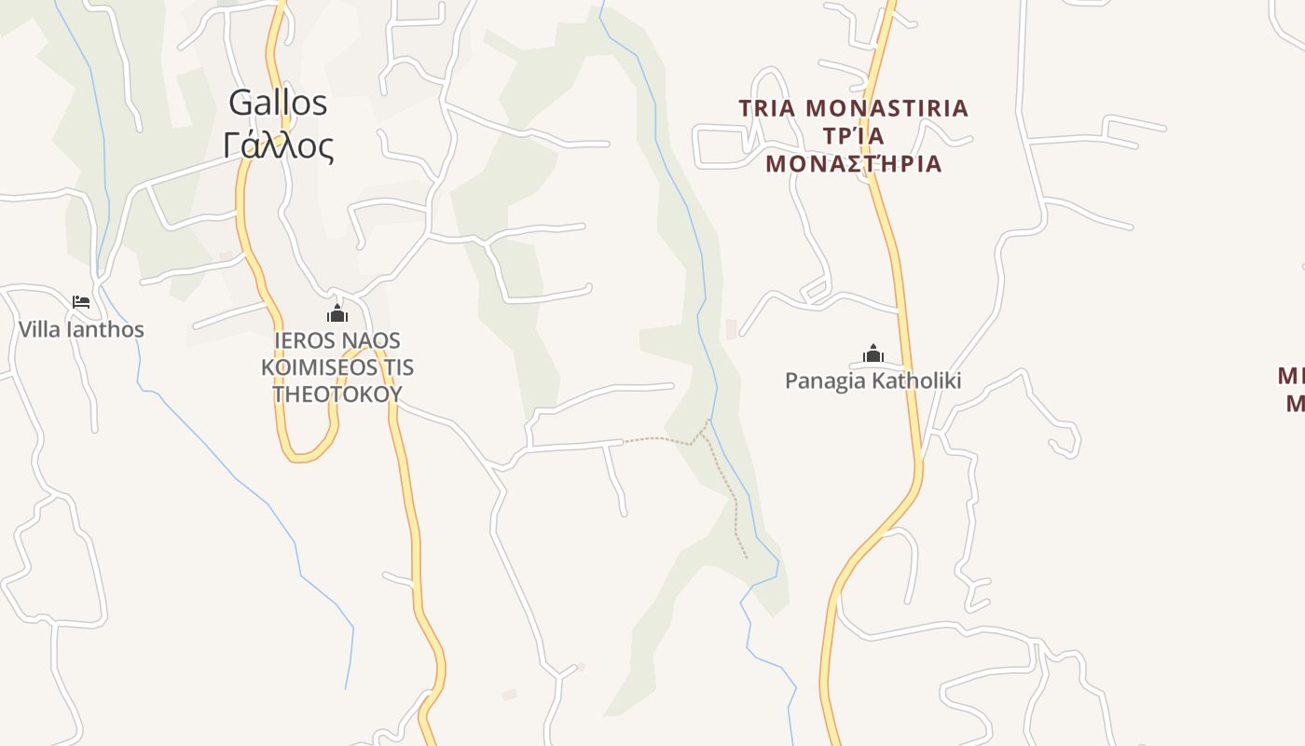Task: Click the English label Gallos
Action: click(278, 103)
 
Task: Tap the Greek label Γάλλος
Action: click(278, 145)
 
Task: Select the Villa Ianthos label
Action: click(81, 329)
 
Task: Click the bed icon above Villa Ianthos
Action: click(81, 301)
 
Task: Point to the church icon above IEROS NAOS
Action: click(337, 313)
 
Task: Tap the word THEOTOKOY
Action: click(337, 394)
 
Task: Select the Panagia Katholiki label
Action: click(872, 380)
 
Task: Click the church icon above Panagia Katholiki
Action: click(873, 353)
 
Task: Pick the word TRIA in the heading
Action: click(767, 108)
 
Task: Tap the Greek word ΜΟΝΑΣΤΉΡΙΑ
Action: click(853, 164)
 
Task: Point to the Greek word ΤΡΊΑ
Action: click(853, 136)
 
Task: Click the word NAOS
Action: click(371, 340)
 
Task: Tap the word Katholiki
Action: click(917, 380)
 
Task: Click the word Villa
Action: click(39, 329)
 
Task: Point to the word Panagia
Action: click(824, 380)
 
